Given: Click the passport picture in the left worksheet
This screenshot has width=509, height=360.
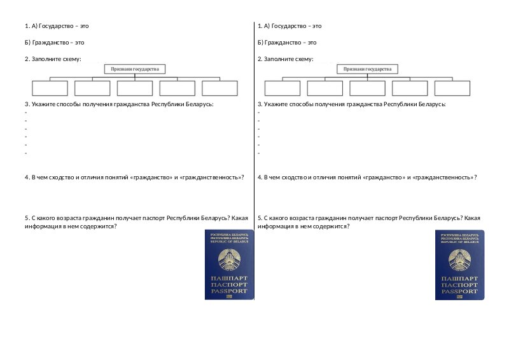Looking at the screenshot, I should tap(229, 265).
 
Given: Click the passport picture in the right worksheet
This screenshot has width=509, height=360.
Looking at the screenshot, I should tap(459, 265).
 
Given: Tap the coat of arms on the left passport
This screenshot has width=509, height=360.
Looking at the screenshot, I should tap(229, 260).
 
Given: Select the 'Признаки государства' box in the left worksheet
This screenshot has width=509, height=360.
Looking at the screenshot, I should tap(134, 69).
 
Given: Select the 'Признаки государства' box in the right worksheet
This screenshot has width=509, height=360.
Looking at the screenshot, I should tap(367, 69).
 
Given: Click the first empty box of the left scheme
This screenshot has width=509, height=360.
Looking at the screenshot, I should tap(50, 88).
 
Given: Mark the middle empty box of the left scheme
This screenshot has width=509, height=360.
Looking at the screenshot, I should tap(134, 88).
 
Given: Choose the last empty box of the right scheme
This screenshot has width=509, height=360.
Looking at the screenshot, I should tap(452, 88).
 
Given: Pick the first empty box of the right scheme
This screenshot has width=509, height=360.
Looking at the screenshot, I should tap(282, 88).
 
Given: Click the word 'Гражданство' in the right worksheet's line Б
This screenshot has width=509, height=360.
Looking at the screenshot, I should tap(281, 43).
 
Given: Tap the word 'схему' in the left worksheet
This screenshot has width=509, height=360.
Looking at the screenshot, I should tap(71, 59).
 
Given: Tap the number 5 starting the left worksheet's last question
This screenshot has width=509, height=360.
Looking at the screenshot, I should tap(26, 218).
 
